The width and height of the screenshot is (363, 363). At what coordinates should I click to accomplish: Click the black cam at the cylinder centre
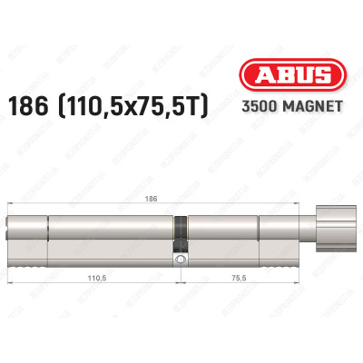(x=180, y=231)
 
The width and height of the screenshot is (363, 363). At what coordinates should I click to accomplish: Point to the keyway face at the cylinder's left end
(x=9, y=232)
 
